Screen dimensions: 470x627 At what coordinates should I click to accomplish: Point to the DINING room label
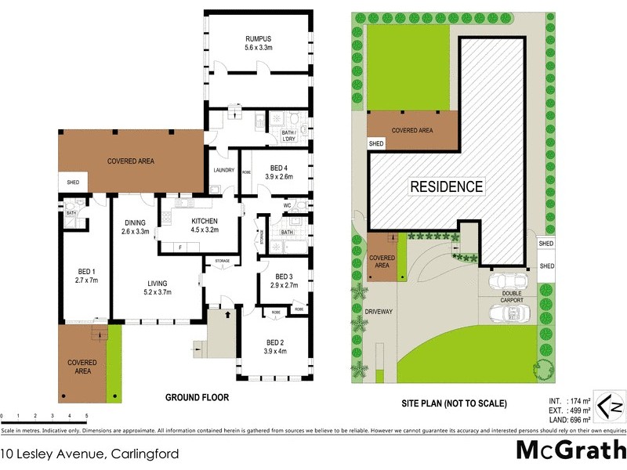pos(135,222)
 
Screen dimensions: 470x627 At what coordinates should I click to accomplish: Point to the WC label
pos(287,206)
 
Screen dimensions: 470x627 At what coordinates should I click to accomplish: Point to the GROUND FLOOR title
pos(197,397)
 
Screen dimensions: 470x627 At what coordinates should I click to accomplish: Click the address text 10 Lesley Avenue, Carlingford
pos(90,454)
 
